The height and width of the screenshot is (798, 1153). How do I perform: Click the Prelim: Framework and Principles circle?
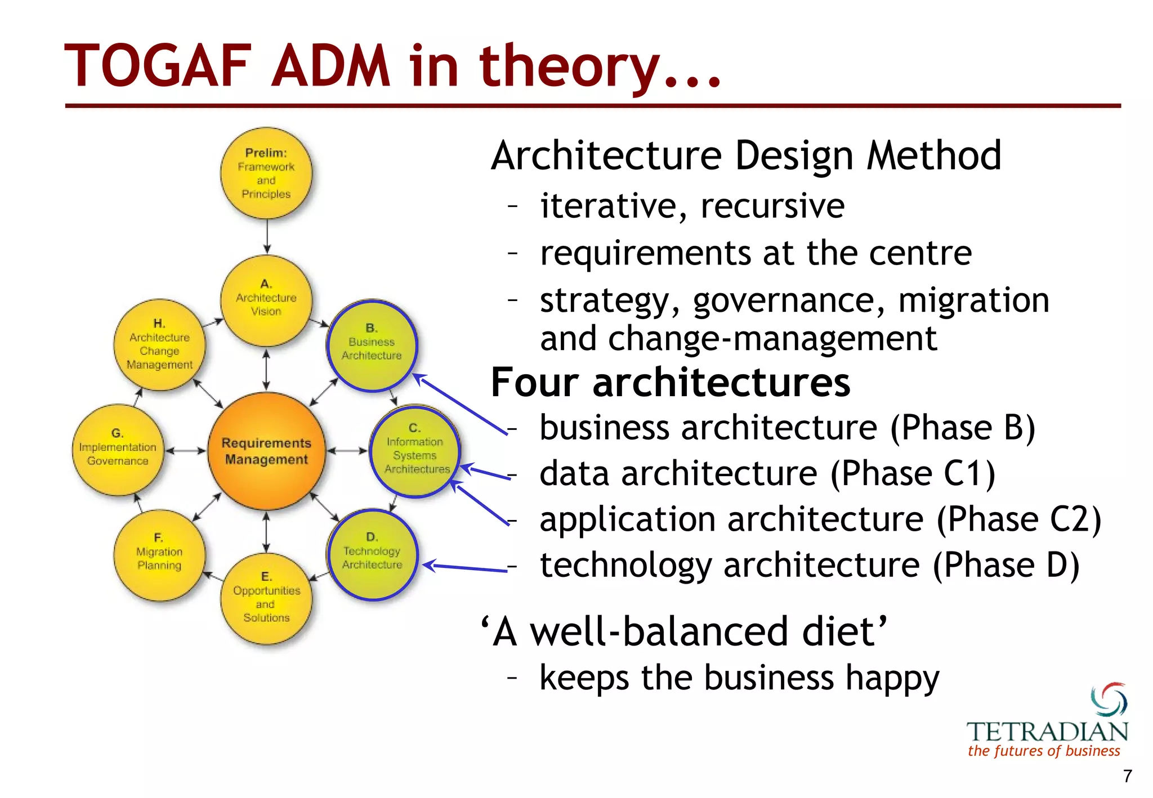[x=266, y=173]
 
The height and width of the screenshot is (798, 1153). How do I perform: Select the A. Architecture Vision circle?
[x=266, y=301]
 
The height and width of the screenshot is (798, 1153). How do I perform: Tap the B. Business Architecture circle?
[x=372, y=345]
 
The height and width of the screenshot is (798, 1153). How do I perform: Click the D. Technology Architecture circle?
[x=372, y=554]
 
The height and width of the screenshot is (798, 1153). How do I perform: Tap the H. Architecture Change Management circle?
[x=159, y=345]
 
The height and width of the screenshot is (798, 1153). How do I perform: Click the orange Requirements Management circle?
[x=266, y=451]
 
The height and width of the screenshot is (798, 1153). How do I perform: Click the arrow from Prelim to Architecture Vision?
[x=267, y=236]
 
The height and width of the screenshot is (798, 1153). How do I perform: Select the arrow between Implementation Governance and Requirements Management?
[x=186, y=451]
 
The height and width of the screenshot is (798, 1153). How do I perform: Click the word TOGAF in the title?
[x=158, y=66]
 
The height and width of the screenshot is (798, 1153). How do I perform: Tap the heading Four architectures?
[x=670, y=383]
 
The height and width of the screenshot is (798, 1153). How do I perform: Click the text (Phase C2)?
[x=1019, y=519]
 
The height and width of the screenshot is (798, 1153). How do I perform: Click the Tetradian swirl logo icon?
[x=1109, y=700]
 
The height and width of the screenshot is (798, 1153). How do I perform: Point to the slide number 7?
[x=1127, y=777]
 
